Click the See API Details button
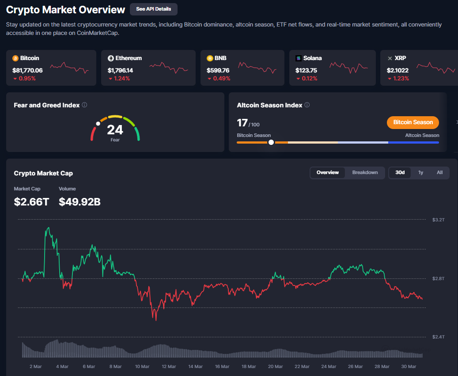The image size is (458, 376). pyautogui.click(x=153, y=9)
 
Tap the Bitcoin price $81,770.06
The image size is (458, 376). pyautogui.click(x=27, y=70)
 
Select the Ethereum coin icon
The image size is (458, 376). pyautogui.click(x=111, y=58)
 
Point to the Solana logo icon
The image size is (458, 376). pyautogui.click(x=299, y=58)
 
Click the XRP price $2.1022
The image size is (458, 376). pyautogui.click(x=397, y=70)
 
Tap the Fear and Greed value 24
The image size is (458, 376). pyautogui.click(x=115, y=129)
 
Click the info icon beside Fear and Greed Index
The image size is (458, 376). pyautogui.click(x=84, y=105)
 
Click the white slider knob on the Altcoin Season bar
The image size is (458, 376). pyautogui.click(x=271, y=142)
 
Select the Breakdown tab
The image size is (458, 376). pyautogui.click(x=365, y=172)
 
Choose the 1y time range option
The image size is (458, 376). pyautogui.click(x=420, y=172)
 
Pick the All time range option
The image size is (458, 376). pyautogui.click(x=439, y=172)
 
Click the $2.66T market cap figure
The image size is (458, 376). pyautogui.click(x=32, y=202)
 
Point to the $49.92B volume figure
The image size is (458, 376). pyautogui.click(x=79, y=202)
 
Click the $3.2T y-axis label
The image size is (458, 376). pyautogui.click(x=438, y=220)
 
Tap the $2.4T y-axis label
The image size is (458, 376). pyautogui.click(x=438, y=337)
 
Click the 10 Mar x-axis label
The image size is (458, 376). pyautogui.click(x=142, y=366)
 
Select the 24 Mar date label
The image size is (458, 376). pyautogui.click(x=329, y=366)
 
